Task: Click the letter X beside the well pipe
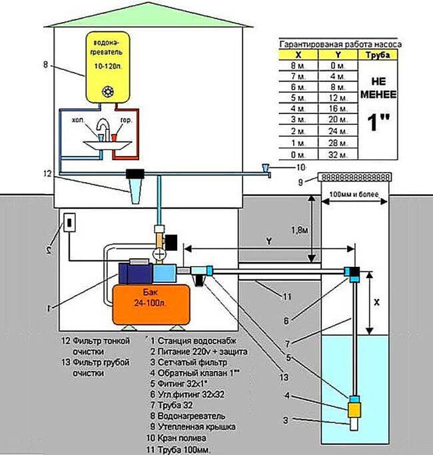[x=376, y=301]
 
